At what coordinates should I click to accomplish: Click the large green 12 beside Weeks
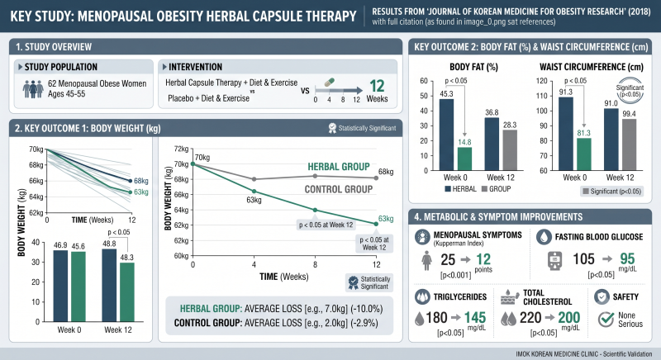[x=377, y=87]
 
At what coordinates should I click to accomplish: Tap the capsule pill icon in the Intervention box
[x=329, y=82]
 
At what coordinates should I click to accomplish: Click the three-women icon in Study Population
[x=33, y=89]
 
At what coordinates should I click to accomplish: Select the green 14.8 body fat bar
[x=464, y=159]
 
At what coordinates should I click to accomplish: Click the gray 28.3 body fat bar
[x=510, y=150]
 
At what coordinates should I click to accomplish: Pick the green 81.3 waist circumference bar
[x=584, y=154]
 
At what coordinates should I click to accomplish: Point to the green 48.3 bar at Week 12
[x=127, y=292]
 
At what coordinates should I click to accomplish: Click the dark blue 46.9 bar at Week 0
[x=60, y=286]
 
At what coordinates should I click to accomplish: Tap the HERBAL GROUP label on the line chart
[x=339, y=167]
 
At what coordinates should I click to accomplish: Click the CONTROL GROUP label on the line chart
[x=339, y=189]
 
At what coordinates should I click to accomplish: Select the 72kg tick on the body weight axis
[x=182, y=149]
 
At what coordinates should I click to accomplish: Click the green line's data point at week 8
[x=315, y=210]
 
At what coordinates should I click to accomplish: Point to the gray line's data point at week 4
[x=254, y=179]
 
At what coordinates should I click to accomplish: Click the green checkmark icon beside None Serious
[x=606, y=320]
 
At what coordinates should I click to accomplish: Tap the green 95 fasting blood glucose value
[x=627, y=258]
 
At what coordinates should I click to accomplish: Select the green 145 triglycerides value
[x=475, y=317]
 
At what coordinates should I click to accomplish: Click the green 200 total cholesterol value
[x=569, y=317]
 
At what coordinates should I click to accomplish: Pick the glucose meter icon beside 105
[x=554, y=261]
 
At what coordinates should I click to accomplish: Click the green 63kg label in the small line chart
[x=141, y=192]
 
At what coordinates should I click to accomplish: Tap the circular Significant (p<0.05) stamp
[x=630, y=91]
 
